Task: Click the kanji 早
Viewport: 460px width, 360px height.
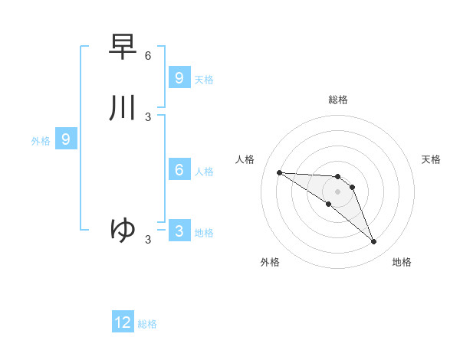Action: (x=123, y=46)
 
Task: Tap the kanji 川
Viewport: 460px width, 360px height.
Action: (x=123, y=108)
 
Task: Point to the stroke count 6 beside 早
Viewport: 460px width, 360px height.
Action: (x=148, y=56)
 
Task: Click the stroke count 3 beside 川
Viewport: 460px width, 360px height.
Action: (x=148, y=117)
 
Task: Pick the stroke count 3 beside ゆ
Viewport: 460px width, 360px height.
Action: (x=148, y=240)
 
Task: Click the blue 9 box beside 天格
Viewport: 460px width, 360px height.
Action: (x=179, y=78)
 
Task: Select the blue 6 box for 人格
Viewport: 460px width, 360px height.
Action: (x=179, y=170)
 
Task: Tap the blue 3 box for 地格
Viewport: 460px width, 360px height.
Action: (x=179, y=231)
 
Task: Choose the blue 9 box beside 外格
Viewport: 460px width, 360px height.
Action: (x=66, y=139)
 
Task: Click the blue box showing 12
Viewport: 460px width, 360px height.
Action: (x=123, y=322)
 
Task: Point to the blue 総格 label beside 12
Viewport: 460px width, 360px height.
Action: (x=147, y=324)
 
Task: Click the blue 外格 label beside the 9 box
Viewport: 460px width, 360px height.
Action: (x=41, y=141)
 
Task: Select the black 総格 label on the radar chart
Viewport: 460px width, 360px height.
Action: (x=338, y=100)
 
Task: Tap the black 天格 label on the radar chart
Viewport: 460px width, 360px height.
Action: (x=432, y=159)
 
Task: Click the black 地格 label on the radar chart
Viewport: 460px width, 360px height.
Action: (x=402, y=262)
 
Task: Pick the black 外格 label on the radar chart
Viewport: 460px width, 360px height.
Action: (x=270, y=262)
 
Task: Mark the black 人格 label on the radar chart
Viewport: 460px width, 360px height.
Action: (x=245, y=159)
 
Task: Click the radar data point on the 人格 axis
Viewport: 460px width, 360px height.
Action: (x=279, y=172)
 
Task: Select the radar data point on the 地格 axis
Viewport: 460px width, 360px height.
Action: (x=374, y=242)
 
